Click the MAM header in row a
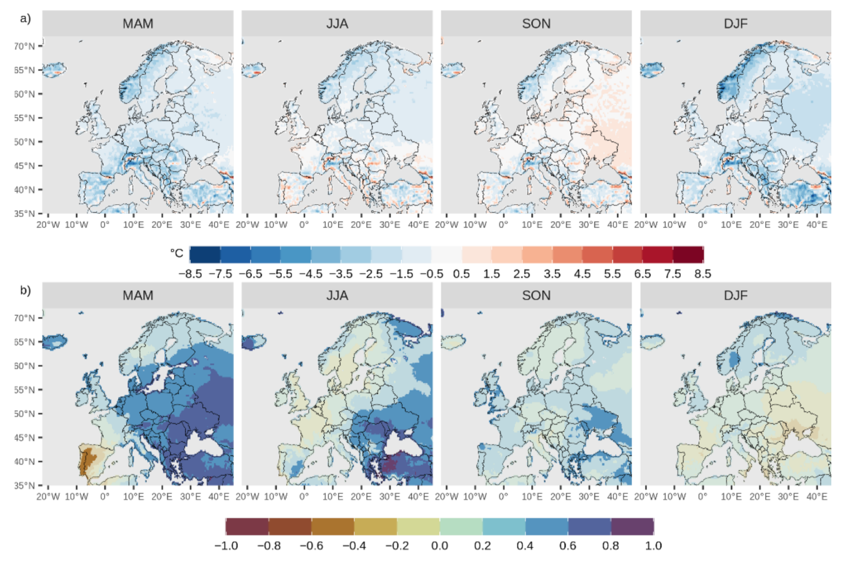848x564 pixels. [138, 24]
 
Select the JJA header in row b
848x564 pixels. [337, 295]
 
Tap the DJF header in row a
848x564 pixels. [736, 24]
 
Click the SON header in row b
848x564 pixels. [536, 295]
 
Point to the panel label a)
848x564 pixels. [25, 18]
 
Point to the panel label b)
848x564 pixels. [25, 289]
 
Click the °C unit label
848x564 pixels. [176, 253]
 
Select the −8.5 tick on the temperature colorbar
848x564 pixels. [190, 274]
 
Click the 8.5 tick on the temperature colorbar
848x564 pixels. [702, 274]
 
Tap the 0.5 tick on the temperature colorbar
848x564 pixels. [461, 274]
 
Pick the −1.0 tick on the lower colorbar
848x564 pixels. [226, 546]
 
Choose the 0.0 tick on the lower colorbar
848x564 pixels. [440, 546]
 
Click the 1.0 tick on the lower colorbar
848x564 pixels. [653, 546]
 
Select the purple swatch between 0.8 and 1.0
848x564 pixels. [632, 526]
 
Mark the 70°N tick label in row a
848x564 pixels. [24, 46]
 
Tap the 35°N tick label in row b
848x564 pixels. [24, 485]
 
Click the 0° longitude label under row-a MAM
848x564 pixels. [105, 224]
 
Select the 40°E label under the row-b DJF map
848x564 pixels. [816, 496]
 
